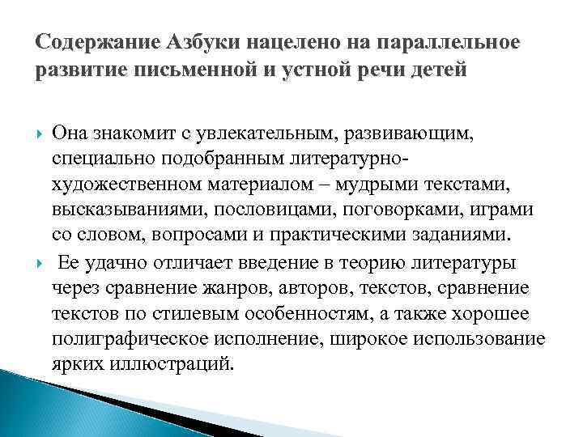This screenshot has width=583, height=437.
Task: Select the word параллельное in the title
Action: point(451,40)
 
